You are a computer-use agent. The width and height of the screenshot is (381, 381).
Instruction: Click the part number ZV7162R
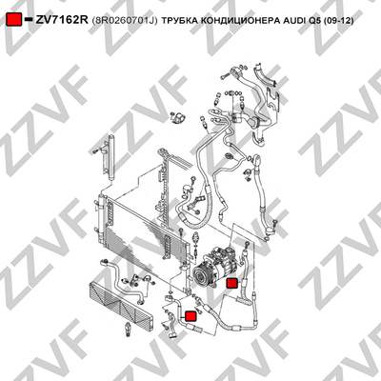(61, 20)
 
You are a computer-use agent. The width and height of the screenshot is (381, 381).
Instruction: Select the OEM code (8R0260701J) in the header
(125, 21)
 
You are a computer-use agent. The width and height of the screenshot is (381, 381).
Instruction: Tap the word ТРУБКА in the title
(178, 21)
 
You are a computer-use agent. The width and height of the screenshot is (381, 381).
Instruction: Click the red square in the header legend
(14, 20)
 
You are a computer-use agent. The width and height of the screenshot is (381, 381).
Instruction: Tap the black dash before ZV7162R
(29, 19)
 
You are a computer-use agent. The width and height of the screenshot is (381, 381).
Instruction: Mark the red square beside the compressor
(231, 283)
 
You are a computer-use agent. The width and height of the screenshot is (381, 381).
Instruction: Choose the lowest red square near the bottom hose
(190, 315)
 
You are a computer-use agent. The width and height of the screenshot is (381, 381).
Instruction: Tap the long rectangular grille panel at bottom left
(122, 305)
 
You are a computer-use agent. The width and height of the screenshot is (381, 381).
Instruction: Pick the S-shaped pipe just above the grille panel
(121, 279)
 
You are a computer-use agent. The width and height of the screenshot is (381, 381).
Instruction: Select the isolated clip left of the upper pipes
(178, 118)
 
